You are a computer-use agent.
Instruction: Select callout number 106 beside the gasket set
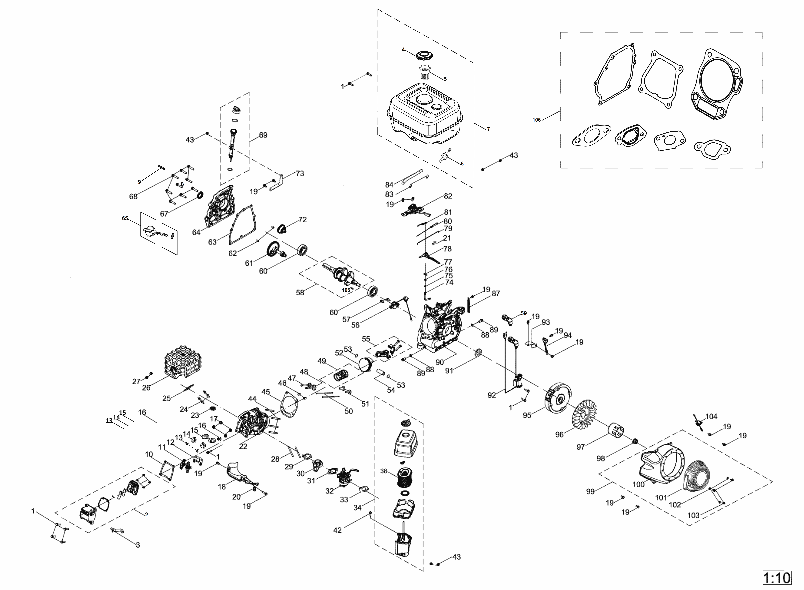tap(536, 120)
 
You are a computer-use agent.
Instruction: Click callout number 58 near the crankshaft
tap(300, 293)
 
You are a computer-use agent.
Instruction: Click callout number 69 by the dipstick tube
tap(263, 135)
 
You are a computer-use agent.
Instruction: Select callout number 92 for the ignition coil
tap(492, 395)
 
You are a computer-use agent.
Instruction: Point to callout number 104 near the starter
tap(711, 416)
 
